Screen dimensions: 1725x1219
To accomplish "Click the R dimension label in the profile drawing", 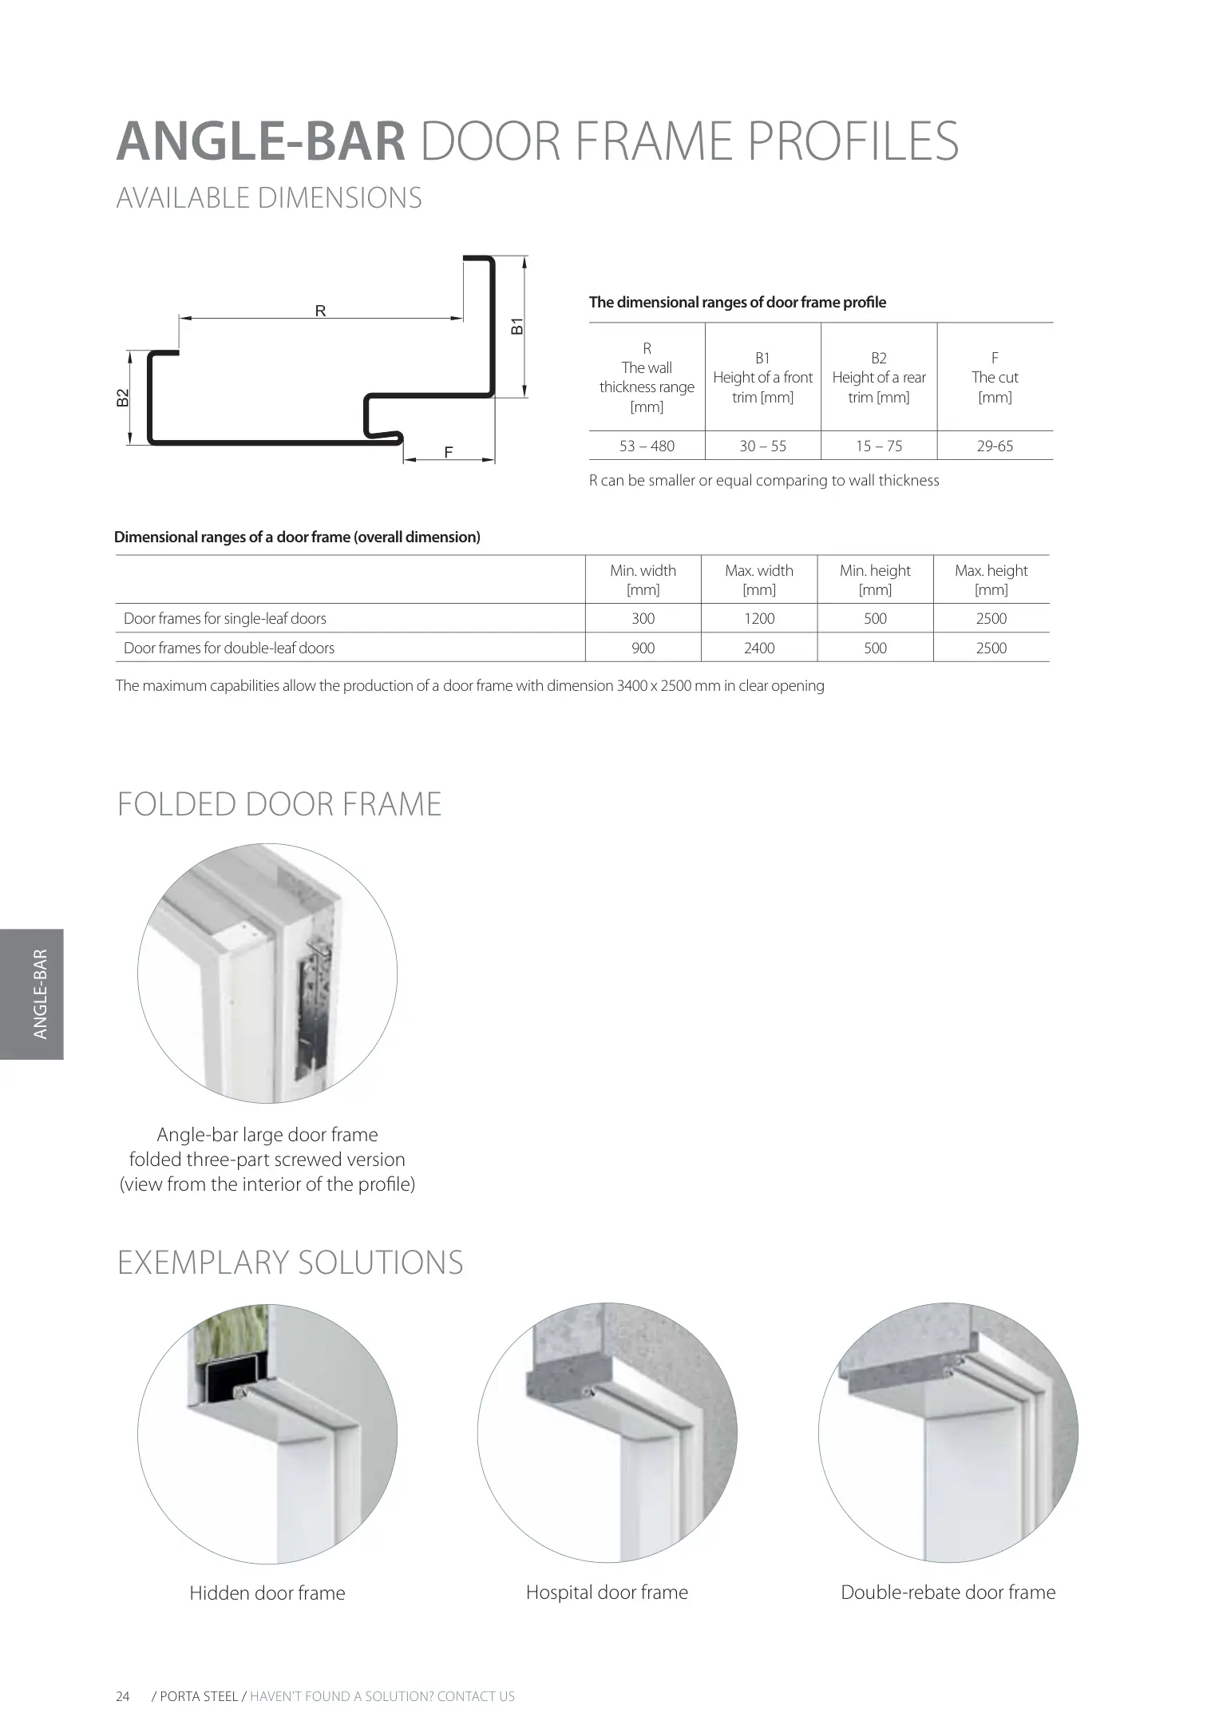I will click(x=320, y=311).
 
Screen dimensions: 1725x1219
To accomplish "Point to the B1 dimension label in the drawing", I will click(x=517, y=326).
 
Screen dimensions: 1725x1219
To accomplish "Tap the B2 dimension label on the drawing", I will click(x=122, y=397).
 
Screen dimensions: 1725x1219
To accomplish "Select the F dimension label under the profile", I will click(x=449, y=453).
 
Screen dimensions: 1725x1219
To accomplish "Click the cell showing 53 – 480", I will click(x=647, y=446).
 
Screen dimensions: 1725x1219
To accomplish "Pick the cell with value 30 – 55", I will click(x=762, y=446).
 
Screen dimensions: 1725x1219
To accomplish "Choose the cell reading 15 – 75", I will click(x=879, y=446).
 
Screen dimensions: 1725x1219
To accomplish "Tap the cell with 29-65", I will click(x=995, y=446).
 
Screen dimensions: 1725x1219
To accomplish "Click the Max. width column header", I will click(x=759, y=580).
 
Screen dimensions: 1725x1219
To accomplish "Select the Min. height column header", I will click(x=875, y=580).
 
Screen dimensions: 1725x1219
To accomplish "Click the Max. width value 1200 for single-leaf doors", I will click(x=759, y=619).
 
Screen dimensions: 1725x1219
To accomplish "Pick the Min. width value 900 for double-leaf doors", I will click(x=643, y=648).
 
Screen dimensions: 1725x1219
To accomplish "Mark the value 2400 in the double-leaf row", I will click(x=759, y=648).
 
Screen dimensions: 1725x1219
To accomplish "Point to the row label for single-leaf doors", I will click(x=225, y=619).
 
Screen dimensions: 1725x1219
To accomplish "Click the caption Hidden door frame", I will click(x=267, y=1593).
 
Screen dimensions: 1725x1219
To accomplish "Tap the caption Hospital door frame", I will click(x=607, y=1592).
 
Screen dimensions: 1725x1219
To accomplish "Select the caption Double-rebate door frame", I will click(x=948, y=1592).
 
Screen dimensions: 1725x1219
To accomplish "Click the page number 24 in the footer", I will click(x=123, y=1696).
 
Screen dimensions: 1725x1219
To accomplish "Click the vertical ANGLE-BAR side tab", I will click(x=41, y=993).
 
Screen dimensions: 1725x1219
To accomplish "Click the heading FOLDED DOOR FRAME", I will click(x=279, y=804).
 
